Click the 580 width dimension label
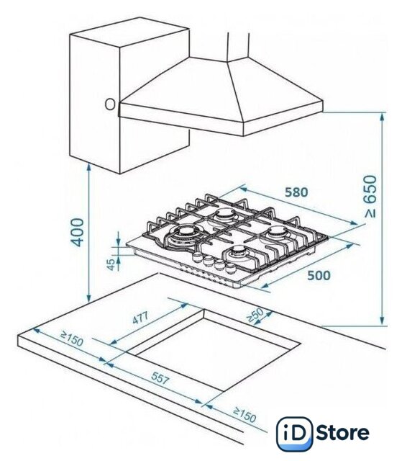[296, 192]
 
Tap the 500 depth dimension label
[319, 275]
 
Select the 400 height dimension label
[78, 232]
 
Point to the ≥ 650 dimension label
[370, 197]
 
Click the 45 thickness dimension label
[111, 264]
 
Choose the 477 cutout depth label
[140, 318]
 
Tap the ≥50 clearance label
[255, 315]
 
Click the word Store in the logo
[342, 432]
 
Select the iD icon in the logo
[295, 434]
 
